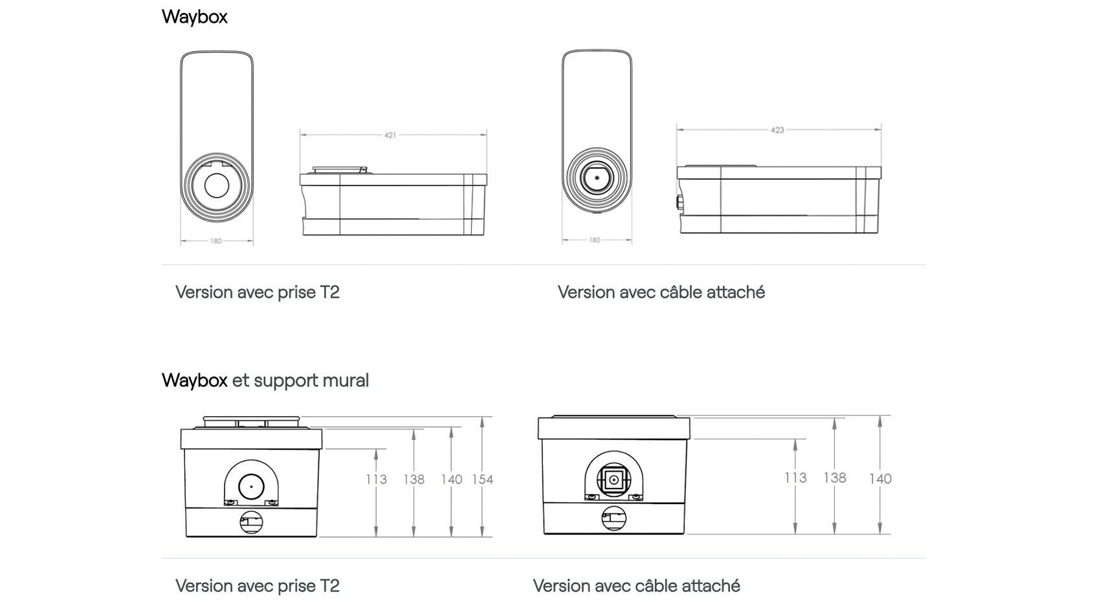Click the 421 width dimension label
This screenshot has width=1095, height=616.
pyautogui.click(x=390, y=135)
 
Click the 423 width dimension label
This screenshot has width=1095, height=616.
pyautogui.click(x=777, y=130)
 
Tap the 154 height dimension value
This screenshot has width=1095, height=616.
pyautogui.click(x=482, y=479)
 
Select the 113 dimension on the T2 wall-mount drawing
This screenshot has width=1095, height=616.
pyautogui.click(x=376, y=479)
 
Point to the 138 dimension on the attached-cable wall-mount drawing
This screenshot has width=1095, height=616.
pyautogui.click(x=834, y=478)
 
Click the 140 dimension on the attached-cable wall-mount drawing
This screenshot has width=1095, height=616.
pyautogui.click(x=880, y=479)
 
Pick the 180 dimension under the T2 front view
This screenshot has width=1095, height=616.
pyautogui.click(x=216, y=241)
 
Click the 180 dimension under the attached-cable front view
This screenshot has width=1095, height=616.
pyautogui.click(x=594, y=240)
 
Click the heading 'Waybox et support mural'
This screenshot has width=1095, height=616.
pyautogui.click(x=265, y=380)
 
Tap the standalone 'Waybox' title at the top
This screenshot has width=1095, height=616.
pyautogui.click(x=194, y=16)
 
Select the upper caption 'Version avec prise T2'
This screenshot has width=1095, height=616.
pyautogui.click(x=257, y=292)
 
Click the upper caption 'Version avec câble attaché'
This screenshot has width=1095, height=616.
pyautogui.click(x=661, y=292)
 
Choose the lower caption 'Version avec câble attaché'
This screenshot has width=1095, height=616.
pyautogui.click(x=636, y=586)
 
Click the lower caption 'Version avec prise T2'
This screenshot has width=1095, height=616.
pyautogui.click(x=257, y=586)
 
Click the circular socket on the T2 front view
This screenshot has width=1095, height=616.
pyautogui.click(x=217, y=186)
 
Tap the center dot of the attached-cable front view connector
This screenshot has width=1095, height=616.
pyautogui.click(x=597, y=177)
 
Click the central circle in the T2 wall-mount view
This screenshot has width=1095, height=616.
pyautogui.click(x=251, y=487)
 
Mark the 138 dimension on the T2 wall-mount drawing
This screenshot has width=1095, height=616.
pyautogui.click(x=414, y=479)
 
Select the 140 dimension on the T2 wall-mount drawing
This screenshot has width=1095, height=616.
pyautogui.click(x=452, y=479)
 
